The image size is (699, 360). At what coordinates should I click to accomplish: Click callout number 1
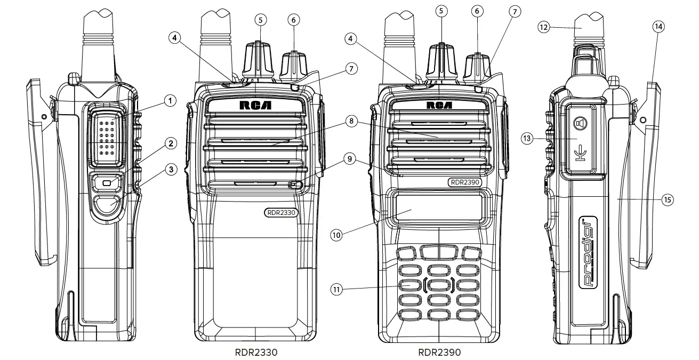click(x=170, y=100)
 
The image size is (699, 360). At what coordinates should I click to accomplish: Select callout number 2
click(x=171, y=143)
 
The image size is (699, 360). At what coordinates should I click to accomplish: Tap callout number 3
click(x=171, y=170)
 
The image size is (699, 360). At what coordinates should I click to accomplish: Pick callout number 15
click(x=667, y=199)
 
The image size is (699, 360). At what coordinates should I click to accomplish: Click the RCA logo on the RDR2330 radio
click(x=255, y=105)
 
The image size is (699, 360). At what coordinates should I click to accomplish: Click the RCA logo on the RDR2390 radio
click(x=439, y=105)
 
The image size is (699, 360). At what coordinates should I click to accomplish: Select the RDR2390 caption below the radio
click(x=439, y=352)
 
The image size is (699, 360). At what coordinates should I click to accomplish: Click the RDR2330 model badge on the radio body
click(x=281, y=212)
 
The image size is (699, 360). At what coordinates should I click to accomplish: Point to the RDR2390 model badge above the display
click(x=465, y=182)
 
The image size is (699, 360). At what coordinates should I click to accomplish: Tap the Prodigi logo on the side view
click(x=588, y=253)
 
